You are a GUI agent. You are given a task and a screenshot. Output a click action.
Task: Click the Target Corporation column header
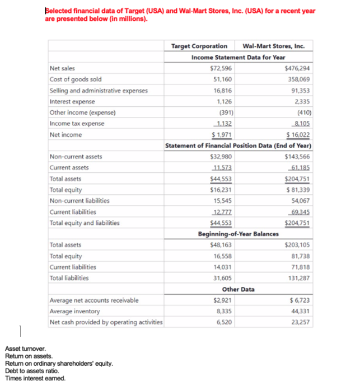coord(199,46)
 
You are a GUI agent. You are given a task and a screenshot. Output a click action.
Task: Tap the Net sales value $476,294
coord(297,68)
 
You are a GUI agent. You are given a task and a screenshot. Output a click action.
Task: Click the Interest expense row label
coord(72,101)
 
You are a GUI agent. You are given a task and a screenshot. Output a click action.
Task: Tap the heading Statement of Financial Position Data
coord(238,145)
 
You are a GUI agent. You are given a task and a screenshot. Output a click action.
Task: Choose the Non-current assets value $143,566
coord(297,157)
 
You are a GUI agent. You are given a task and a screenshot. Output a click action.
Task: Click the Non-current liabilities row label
coord(80,201)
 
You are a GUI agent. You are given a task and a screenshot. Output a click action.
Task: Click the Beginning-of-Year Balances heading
coord(238,234)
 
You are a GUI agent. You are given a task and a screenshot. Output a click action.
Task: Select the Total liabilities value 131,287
coord(299,278)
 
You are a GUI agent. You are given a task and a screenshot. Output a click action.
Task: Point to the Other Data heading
coord(238,289)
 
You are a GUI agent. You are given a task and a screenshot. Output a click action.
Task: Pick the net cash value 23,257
coord(301,322)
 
